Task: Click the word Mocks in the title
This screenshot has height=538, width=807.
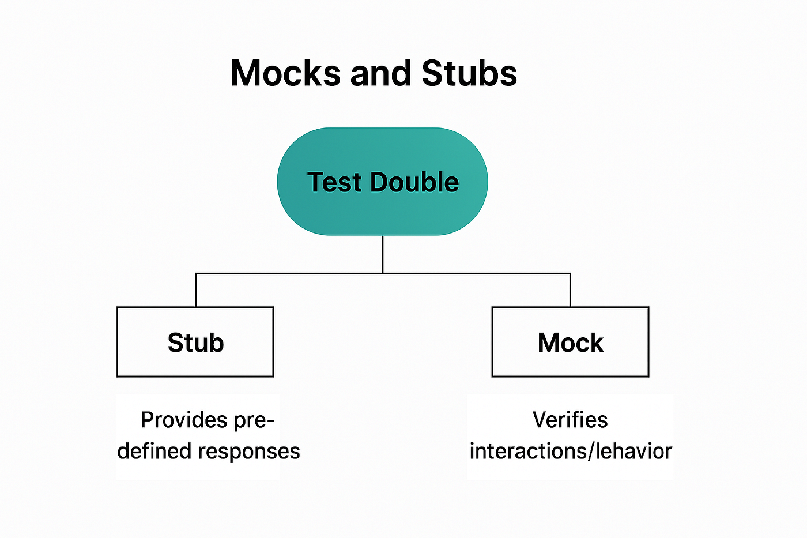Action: (285, 73)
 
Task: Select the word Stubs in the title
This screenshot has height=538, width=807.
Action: (469, 73)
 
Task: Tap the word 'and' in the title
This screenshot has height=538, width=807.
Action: (381, 73)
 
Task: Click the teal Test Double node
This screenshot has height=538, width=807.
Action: (382, 181)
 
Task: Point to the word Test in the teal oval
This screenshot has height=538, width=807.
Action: (334, 182)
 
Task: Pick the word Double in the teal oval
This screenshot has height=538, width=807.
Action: (414, 182)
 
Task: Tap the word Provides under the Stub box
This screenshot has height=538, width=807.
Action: (184, 420)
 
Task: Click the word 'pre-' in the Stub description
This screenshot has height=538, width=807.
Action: (254, 421)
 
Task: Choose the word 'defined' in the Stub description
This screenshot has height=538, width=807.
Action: (154, 451)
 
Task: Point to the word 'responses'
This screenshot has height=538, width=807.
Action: (249, 452)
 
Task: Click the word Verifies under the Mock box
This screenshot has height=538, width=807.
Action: (570, 420)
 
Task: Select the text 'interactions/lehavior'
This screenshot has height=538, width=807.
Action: (571, 451)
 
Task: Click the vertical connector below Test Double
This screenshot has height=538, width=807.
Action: (383, 254)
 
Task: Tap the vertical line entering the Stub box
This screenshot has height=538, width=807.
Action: (195, 290)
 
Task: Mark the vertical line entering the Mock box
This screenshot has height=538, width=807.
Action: (570, 290)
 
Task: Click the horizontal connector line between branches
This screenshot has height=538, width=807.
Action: (383, 273)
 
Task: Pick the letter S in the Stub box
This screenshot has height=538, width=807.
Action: (175, 343)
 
